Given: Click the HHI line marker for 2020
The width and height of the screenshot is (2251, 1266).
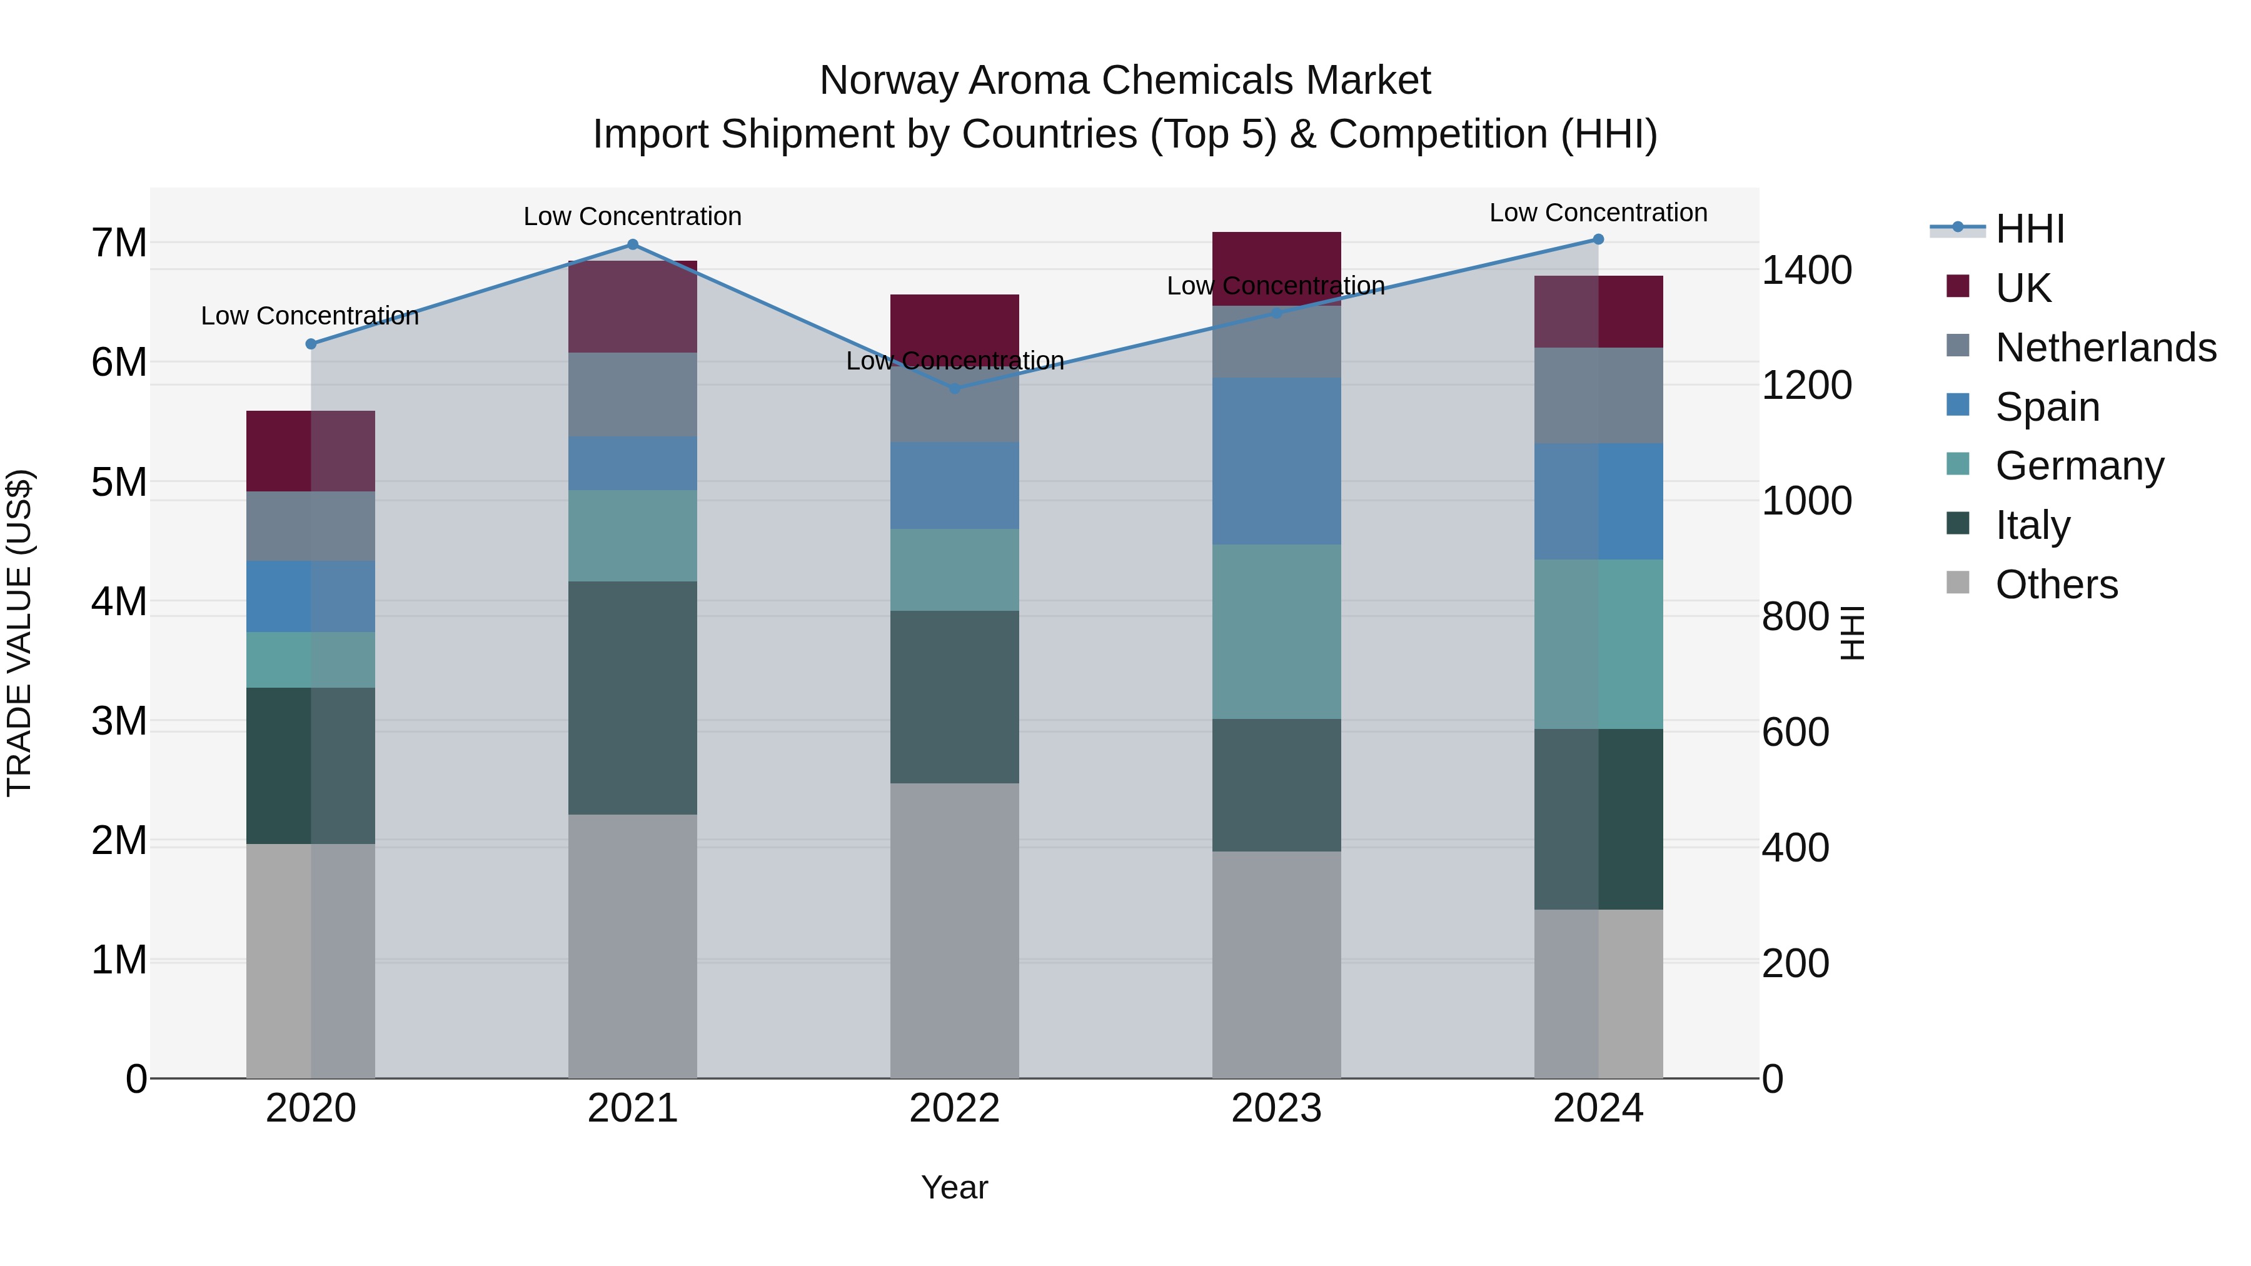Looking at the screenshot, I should pos(311,344).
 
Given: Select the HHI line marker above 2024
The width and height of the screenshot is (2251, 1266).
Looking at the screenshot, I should pos(1598,239).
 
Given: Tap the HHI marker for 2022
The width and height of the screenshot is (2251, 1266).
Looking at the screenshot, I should pos(954,389).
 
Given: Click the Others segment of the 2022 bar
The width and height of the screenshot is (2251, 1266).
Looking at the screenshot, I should pos(954,930).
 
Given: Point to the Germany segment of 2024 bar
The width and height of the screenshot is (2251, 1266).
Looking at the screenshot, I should pos(1598,644).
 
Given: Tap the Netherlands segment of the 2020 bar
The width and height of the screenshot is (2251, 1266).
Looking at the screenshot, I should pos(311,526).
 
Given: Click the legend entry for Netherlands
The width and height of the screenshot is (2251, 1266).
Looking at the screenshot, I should pos(2105,348).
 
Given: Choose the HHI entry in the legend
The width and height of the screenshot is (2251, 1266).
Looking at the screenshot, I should pos(2029,229).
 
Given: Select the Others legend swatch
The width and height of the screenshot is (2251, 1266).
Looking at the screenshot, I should pos(1958,583).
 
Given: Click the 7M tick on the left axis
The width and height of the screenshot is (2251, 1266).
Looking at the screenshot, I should pos(119,243).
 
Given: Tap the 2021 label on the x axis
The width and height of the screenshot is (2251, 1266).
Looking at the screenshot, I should pos(633,1108).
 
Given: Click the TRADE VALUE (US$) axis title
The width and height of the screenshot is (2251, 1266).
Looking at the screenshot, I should pos(19,633).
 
